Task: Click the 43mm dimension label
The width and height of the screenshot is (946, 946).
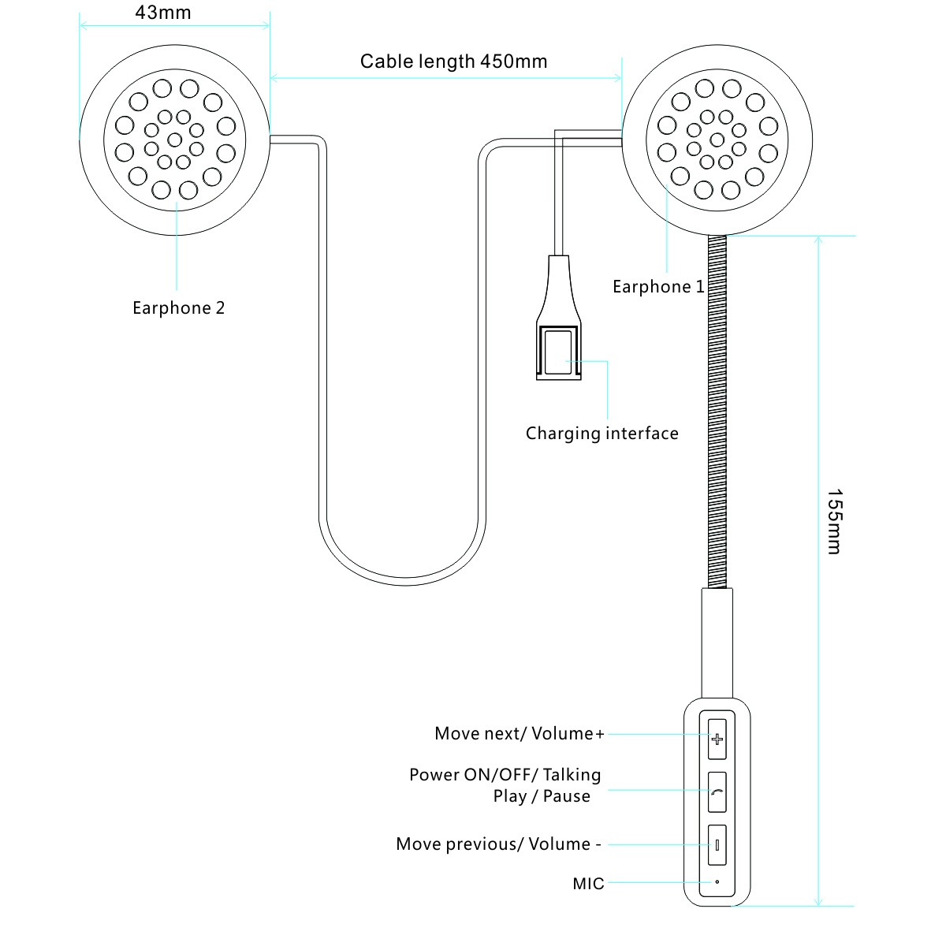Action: [x=163, y=13]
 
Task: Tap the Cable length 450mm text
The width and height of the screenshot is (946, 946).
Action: [x=453, y=61]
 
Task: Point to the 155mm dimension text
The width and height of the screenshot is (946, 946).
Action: [x=834, y=522]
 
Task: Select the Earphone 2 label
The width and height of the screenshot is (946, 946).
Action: [x=178, y=308]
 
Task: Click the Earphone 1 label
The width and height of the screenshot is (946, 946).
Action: [x=658, y=287]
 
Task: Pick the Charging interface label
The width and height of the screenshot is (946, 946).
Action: [x=601, y=434]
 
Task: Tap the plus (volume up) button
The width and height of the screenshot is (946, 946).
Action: [x=717, y=739]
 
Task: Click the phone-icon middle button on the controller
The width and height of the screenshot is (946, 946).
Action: [x=717, y=792]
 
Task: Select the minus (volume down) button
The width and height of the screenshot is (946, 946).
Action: [x=717, y=845]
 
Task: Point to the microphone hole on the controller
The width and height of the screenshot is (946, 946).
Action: [x=717, y=881]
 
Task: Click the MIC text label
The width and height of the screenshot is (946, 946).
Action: [x=588, y=884]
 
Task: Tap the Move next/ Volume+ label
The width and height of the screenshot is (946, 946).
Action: [x=520, y=734]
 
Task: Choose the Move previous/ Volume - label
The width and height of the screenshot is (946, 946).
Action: [x=498, y=844]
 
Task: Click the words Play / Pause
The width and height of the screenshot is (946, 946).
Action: [x=542, y=796]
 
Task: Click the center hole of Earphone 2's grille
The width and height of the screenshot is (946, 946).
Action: [x=174, y=140]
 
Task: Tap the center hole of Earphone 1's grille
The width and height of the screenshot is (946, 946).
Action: [x=717, y=140]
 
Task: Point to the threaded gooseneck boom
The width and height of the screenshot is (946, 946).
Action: [x=717, y=410]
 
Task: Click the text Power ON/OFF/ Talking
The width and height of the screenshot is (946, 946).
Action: [x=505, y=775]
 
